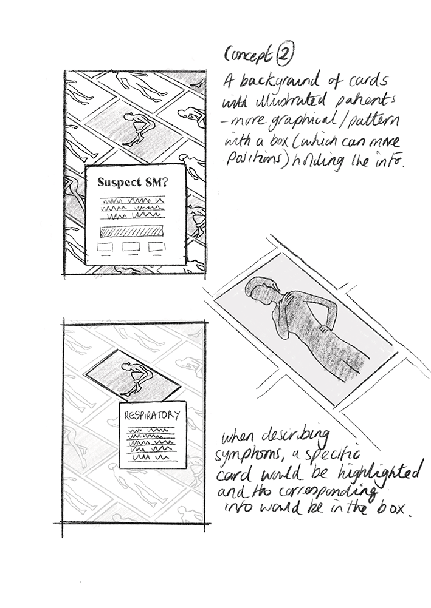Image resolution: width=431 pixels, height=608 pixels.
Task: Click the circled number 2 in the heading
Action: (284, 55)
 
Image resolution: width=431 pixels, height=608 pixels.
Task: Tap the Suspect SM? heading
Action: (131, 181)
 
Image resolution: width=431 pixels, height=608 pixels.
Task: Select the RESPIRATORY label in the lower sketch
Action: (152, 416)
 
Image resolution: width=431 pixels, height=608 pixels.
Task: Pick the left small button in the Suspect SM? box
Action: (105, 248)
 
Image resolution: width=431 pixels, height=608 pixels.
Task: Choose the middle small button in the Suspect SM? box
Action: (132, 248)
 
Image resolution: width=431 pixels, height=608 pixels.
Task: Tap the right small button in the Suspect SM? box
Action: (157, 247)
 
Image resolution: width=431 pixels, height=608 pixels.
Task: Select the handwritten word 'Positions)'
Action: (253, 161)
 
